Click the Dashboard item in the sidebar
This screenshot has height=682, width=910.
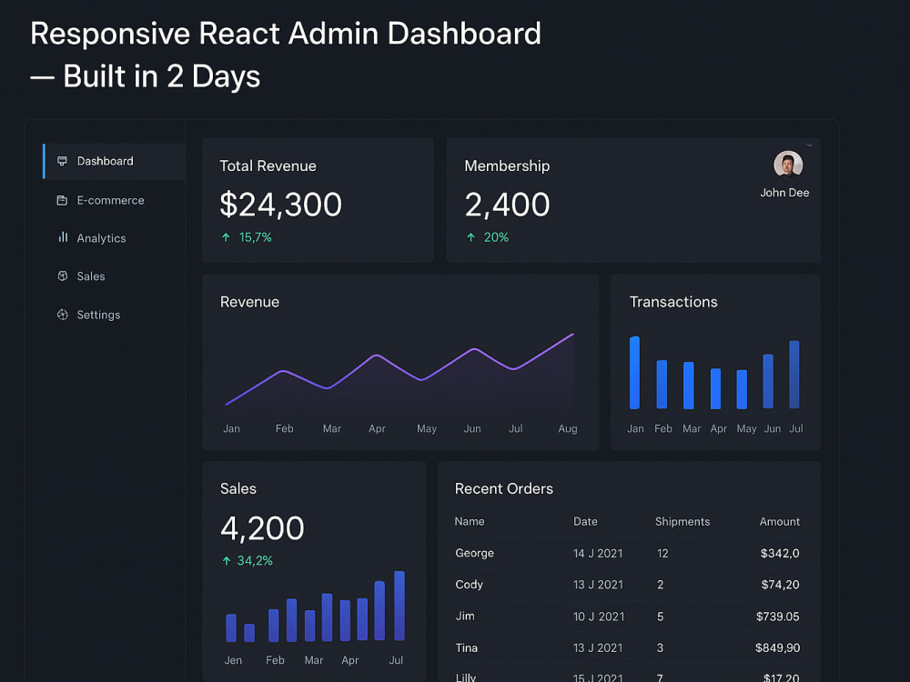pos(105,161)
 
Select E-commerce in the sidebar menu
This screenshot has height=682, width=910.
pos(110,200)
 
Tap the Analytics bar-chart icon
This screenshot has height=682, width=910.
pos(63,237)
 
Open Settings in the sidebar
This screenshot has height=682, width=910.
pos(98,315)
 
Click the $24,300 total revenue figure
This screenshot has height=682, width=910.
pos(281,204)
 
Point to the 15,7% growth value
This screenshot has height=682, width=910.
pos(256,237)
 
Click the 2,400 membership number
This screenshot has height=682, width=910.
pos(507,205)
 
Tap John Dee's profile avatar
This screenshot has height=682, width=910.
pos(788,164)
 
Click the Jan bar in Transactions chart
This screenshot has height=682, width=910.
pos(635,372)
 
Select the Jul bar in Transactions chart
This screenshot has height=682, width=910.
pos(794,374)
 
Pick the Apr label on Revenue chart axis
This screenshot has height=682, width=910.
pos(378,429)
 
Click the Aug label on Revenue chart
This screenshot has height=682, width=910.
pos(568,428)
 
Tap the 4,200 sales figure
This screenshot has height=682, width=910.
pos(262,528)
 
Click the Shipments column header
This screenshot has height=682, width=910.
pos(682,521)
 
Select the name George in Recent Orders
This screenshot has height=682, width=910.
pos(475,553)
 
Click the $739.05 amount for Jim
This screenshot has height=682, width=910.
pos(778,617)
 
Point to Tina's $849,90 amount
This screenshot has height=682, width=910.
pos(778,647)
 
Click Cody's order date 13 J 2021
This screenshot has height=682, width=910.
pos(598,585)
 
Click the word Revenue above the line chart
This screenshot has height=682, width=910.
pos(249,302)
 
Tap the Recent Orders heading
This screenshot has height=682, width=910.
pos(504,489)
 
